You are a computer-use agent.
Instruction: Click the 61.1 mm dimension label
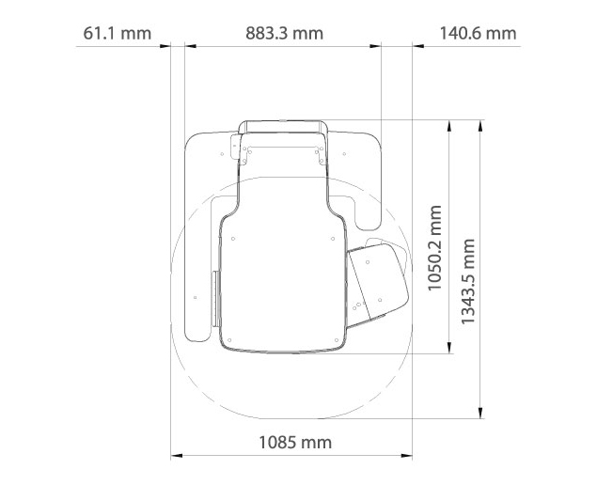click(118, 33)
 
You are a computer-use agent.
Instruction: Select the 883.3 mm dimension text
click(285, 33)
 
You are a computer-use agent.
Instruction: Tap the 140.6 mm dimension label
click(478, 33)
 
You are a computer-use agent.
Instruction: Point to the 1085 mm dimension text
click(295, 443)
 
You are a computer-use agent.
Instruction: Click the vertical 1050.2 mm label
click(434, 248)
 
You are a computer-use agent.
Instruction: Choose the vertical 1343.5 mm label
click(468, 282)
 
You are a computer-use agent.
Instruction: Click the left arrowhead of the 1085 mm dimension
click(177, 455)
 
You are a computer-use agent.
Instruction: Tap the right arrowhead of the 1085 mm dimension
click(407, 455)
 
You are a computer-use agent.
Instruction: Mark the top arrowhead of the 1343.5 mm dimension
click(480, 126)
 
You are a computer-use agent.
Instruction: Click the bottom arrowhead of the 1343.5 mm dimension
click(480, 413)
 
